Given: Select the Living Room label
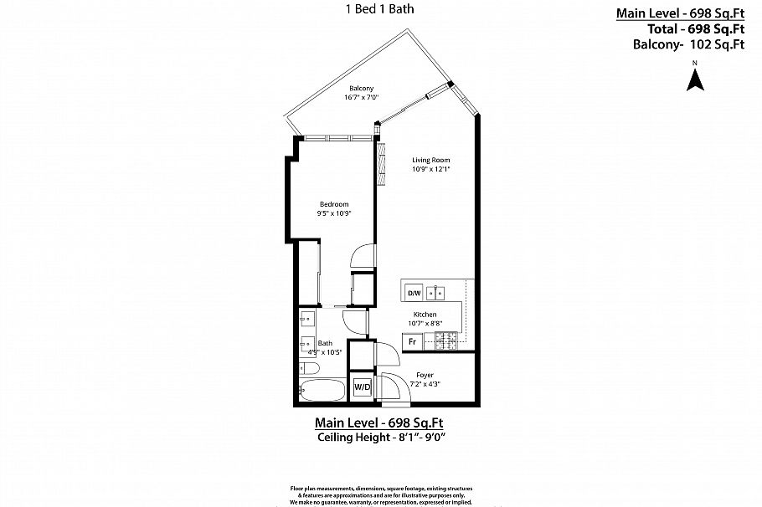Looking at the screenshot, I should tap(431, 160).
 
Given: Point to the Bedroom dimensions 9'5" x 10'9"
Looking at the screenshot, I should tap(333, 213).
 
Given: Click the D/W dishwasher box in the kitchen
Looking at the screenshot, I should tap(413, 294).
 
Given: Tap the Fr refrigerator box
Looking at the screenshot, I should tap(411, 341).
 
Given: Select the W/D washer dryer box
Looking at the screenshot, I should tap(362, 387).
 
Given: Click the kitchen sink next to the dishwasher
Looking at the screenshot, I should tap(436, 293).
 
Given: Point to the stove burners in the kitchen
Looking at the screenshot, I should tap(445, 340).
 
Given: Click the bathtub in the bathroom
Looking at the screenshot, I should tap(318, 392).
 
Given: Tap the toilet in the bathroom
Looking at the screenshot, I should tap(306, 368).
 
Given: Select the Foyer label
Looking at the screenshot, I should tap(425, 375).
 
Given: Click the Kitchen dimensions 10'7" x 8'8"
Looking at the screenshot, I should tap(425, 323).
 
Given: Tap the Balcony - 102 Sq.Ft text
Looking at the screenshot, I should tap(688, 45).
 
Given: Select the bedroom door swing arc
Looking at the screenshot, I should tap(359, 254).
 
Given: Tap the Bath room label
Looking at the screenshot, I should tap(325, 342).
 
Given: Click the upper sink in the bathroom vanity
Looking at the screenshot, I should tap(306, 318).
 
